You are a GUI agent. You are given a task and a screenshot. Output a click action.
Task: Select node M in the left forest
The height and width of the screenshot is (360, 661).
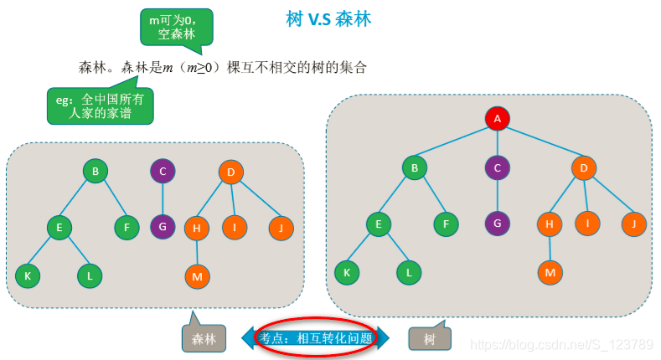point(197,275)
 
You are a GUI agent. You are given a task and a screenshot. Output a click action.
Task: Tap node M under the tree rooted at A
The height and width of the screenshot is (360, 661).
point(550,272)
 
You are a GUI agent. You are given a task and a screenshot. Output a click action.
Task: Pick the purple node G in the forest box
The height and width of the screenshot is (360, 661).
point(163,226)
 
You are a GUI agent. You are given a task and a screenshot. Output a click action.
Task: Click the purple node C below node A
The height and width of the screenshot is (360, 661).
point(497,167)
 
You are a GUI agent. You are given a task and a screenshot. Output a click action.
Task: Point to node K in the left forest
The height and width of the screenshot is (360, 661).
point(28,275)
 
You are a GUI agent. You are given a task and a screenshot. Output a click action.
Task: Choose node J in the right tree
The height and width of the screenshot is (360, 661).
point(633,224)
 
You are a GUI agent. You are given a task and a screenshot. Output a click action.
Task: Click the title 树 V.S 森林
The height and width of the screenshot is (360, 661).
point(329,18)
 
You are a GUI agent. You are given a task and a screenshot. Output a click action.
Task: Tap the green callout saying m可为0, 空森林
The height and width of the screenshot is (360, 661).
point(176,26)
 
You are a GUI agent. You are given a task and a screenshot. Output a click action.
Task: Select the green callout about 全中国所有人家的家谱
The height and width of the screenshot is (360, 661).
point(101,105)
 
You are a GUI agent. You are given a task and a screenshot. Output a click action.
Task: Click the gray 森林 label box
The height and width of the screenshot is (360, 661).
point(204,338)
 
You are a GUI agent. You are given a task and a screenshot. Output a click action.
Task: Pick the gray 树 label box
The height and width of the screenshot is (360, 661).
point(429,338)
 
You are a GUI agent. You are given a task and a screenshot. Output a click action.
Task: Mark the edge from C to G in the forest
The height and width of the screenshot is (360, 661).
point(163,199)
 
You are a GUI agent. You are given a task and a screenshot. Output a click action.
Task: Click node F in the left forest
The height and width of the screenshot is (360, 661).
point(127,227)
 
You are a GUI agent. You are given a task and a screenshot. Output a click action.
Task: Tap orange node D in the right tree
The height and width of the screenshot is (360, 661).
point(583,167)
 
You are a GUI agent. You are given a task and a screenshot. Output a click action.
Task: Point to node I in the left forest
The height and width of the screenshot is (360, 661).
point(235,227)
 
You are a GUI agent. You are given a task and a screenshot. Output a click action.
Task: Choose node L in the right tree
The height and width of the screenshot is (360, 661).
point(409,272)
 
